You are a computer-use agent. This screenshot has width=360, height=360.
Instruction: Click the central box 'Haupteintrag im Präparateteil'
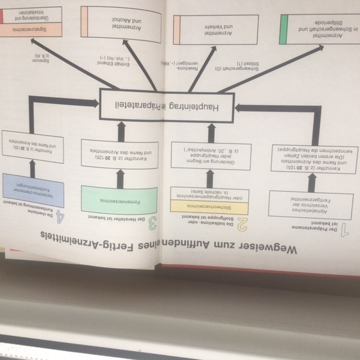[x=167, y=105]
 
